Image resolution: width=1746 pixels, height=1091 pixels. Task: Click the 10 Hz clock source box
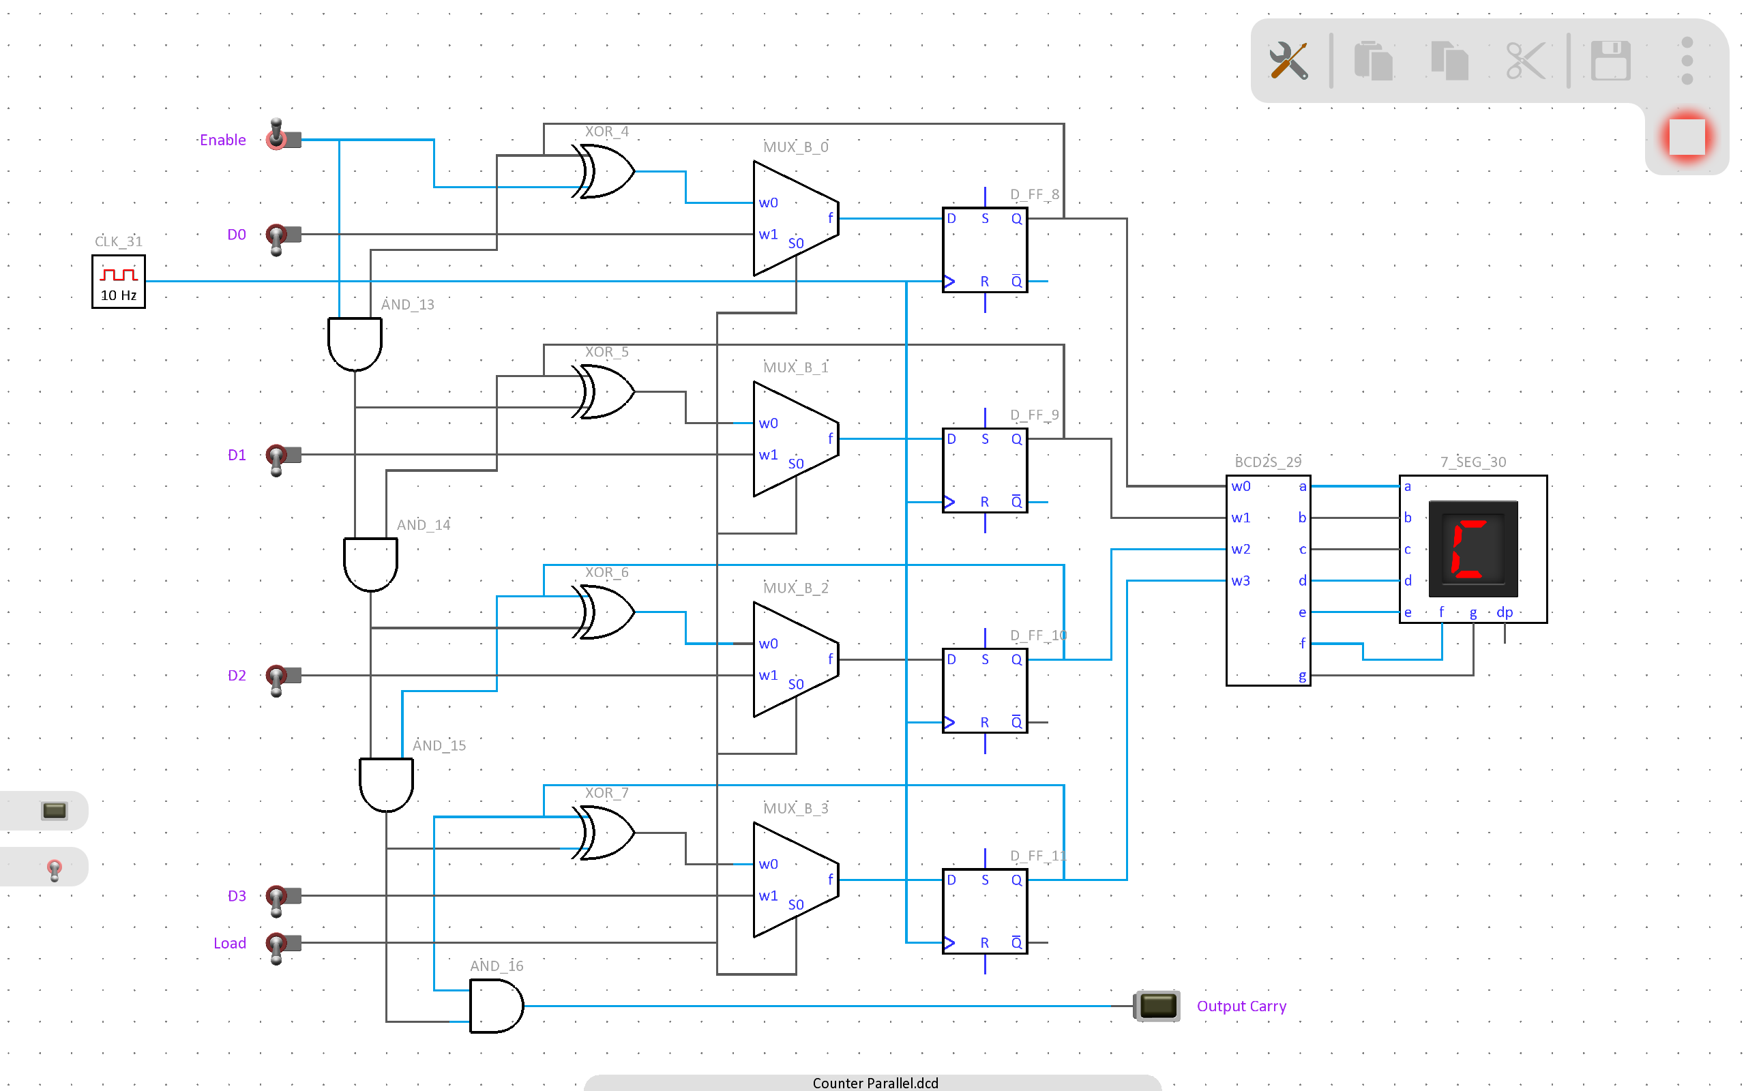tap(118, 282)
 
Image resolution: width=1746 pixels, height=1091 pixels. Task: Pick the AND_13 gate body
tap(355, 344)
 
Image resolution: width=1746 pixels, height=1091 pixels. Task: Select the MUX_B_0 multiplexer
tap(796, 219)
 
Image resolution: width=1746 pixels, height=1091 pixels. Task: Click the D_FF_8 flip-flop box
tap(985, 250)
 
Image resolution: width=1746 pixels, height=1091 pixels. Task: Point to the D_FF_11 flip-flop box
tap(985, 912)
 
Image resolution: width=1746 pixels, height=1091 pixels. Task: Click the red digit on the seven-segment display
tap(1469, 549)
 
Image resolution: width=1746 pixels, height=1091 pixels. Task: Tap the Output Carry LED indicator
tap(1157, 1006)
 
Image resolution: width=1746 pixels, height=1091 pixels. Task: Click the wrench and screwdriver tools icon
tap(1288, 61)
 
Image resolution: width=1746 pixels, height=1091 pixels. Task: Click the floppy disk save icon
tap(1610, 61)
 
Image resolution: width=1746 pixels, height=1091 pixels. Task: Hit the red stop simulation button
tap(1687, 137)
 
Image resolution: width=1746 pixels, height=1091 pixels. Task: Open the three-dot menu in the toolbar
tap(1687, 61)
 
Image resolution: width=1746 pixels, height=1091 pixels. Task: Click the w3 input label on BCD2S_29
tap(1240, 581)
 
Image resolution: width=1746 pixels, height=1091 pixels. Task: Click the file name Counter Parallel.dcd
tap(875, 1083)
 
